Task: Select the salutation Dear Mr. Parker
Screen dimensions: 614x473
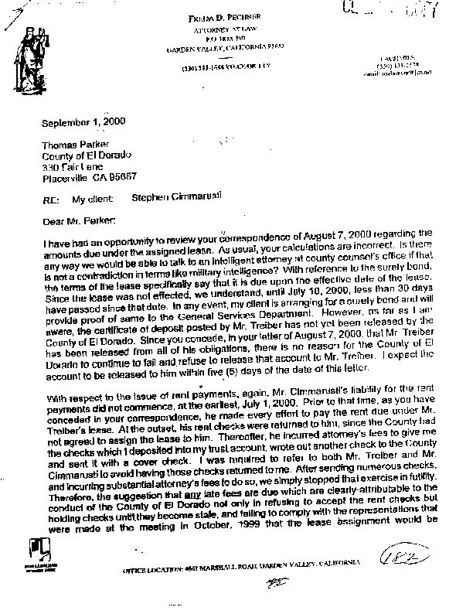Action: click(x=73, y=220)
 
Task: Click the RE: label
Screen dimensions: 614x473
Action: click(x=49, y=200)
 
